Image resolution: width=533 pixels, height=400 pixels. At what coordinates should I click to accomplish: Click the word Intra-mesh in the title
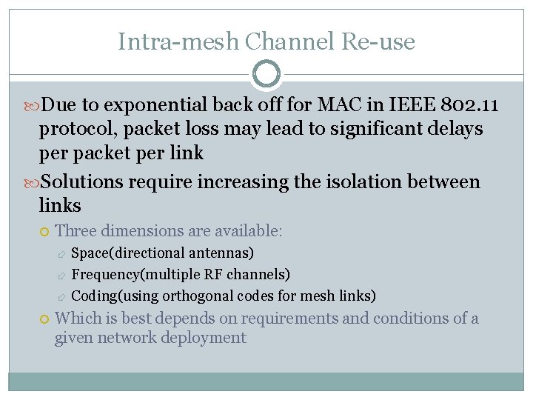point(178,41)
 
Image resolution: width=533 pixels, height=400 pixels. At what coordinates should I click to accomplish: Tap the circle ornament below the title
point(266,74)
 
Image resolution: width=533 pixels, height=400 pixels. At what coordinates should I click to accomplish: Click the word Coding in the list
point(94,296)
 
